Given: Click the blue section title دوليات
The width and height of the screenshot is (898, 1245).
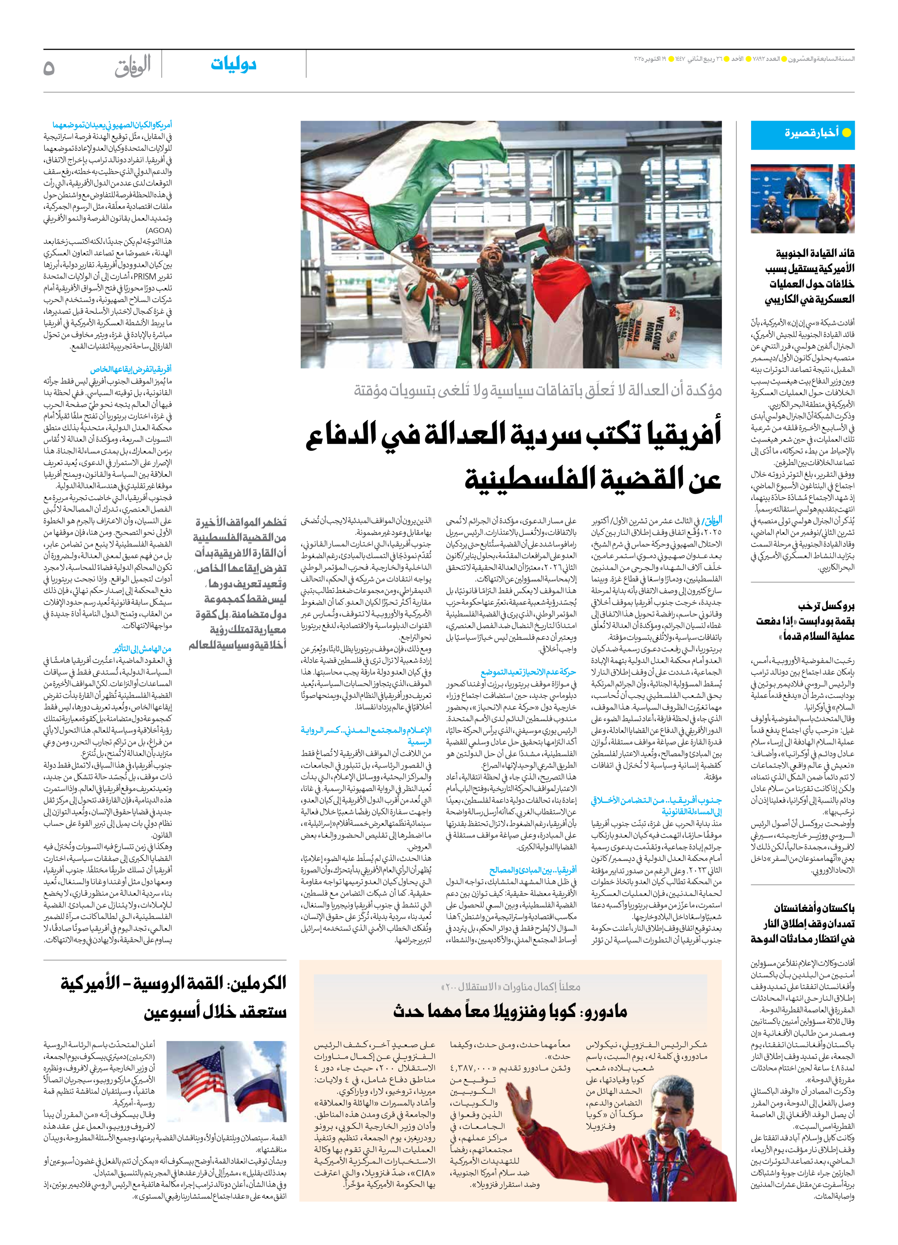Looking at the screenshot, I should tap(233, 65).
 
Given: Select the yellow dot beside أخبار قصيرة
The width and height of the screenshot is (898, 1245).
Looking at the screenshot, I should tap(846, 133).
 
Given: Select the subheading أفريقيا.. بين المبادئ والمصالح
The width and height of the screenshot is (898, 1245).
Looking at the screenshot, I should tap(533, 870).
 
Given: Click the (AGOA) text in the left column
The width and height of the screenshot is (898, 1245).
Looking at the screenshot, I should tap(159, 230).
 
